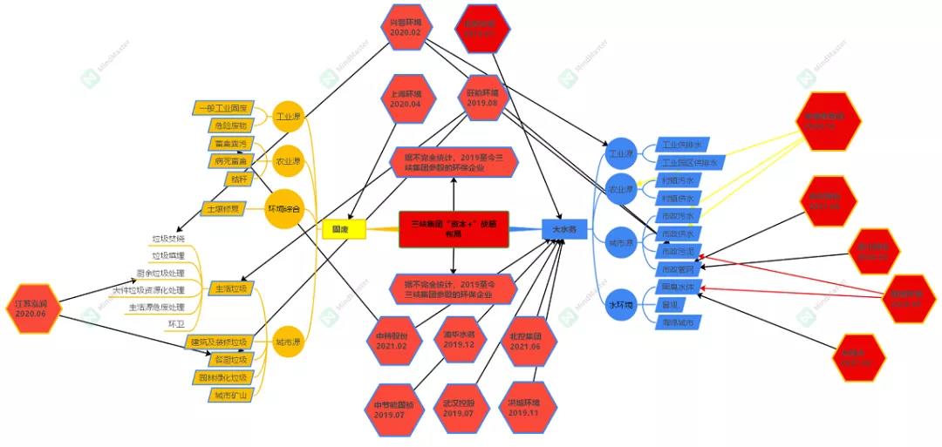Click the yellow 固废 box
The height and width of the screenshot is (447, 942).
(338, 229)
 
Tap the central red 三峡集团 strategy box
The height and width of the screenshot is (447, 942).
(454, 228)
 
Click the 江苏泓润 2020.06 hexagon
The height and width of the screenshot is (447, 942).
(36, 308)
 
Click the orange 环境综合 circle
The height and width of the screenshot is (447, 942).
(283, 207)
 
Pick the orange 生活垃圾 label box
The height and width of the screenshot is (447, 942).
(230, 288)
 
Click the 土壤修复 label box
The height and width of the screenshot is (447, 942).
(222, 209)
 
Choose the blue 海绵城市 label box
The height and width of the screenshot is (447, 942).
(679, 322)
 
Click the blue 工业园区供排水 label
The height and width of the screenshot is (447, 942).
(689, 162)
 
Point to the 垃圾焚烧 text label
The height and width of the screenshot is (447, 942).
(168, 238)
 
